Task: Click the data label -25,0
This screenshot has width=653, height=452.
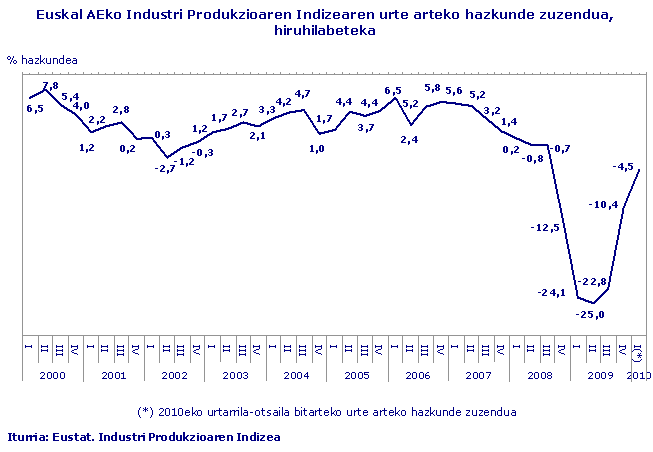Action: click(591, 315)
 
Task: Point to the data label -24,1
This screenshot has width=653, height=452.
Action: click(552, 292)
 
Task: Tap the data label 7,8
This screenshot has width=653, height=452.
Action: click(50, 86)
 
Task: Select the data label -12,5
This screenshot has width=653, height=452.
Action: click(545, 228)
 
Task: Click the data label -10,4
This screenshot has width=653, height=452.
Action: click(604, 205)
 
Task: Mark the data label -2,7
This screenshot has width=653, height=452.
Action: click(165, 168)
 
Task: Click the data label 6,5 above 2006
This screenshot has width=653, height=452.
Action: click(393, 91)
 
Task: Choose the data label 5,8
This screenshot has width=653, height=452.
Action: click(432, 88)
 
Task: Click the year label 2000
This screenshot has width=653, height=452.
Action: click(53, 374)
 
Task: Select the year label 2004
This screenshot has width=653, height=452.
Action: click(295, 374)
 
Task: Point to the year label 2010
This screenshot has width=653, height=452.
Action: click(638, 374)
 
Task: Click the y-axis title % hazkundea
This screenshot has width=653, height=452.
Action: click(42, 60)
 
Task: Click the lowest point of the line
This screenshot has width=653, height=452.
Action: click(594, 303)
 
